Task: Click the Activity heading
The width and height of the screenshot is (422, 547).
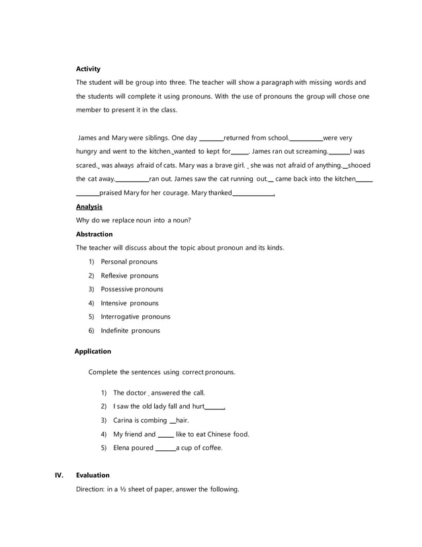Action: (88, 69)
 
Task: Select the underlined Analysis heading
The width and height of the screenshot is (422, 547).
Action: (89, 207)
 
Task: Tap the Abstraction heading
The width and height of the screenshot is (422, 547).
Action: (94, 234)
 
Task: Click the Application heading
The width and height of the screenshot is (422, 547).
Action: (93, 351)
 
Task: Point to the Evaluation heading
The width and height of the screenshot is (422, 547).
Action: (93, 475)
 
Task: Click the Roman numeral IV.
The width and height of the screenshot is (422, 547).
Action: (58, 475)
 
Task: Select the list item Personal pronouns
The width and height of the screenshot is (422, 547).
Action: (129, 262)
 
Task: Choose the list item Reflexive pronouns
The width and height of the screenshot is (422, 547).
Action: (130, 275)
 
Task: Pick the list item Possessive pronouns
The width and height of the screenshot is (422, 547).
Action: (132, 289)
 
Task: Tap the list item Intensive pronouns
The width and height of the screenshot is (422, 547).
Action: (130, 303)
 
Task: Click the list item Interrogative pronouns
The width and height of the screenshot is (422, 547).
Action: (136, 317)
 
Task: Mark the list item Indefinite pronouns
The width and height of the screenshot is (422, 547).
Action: (130, 330)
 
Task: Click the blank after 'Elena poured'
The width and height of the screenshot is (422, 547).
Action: (165, 449)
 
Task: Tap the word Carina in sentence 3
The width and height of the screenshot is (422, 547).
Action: (124, 421)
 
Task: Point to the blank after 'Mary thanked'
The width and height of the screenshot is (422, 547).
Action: (253, 194)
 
